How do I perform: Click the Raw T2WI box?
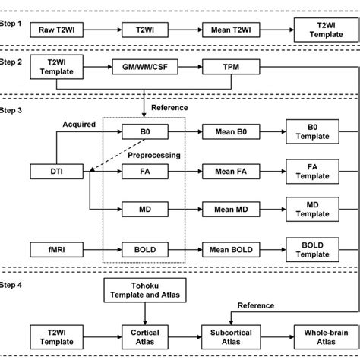click(54, 30)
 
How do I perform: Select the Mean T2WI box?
click(226, 30)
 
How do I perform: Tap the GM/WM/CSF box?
click(141, 68)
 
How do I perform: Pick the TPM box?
click(226, 68)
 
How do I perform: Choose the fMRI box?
click(54, 247)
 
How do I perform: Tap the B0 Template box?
click(312, 131)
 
